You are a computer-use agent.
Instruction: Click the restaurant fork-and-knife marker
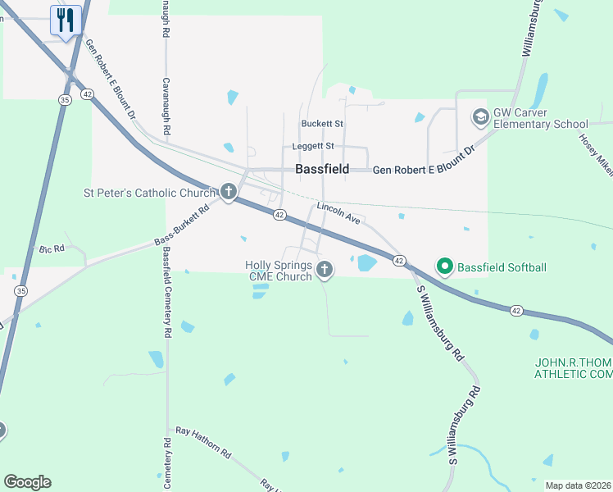pyautogui.click(x=66, y=20)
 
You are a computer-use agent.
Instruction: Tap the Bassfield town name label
pyautogui.click(x=322, y=170)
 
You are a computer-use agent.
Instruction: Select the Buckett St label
pyautogui.click(x=321, y=124)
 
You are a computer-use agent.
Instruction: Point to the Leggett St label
pyautogui.click(x=314, y=146)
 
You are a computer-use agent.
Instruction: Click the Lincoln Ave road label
pyautogui.click(x=338, y=214)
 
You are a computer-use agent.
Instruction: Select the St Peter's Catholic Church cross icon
pyautogui.click(x=229, y=194)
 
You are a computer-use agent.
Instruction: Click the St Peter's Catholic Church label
pyautogui.click(x=149, y=194)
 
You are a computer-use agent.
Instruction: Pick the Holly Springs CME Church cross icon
pyautogui.click(x=325, y=269)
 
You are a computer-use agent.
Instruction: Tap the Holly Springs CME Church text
pyautogui.click(x=279, y=271)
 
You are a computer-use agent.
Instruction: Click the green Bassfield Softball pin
pyautogui.click(x=445, y=266)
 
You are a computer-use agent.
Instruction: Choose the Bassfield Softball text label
pyautogui.click(x=502, y=267)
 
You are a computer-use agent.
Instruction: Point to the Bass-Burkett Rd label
pyautogui.click(x=182, y=225)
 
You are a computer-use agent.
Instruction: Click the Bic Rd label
pyautogui.click(x=51, y=248)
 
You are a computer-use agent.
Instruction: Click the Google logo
pyautogui.click(x=27, y=482)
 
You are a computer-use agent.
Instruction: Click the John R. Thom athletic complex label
pyautogui.click(x=573, y=368)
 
